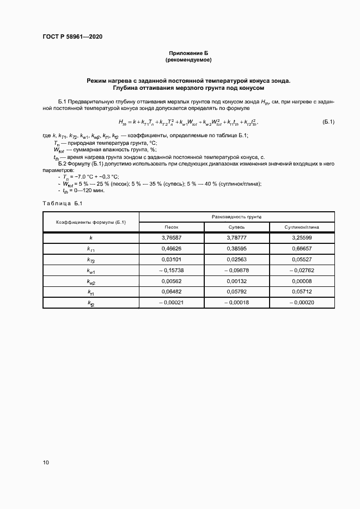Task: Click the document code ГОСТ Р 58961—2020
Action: (72, 37)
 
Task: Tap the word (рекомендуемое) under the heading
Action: (188, 59)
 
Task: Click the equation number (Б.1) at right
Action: (328, 122)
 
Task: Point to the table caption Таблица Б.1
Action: (62, 203)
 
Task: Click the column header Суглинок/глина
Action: (302, 227)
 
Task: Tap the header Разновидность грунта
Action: (237, 216)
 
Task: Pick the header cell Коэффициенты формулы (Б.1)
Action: (91, 222)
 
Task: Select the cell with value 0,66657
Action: (302, 248)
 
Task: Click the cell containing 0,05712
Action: (302, 291)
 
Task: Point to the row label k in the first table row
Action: (91, 238)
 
